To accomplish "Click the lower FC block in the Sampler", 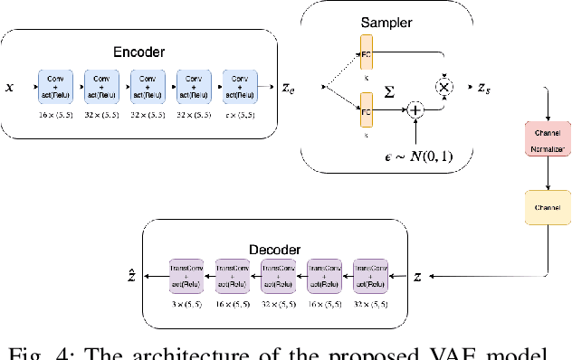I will tap(367, 114).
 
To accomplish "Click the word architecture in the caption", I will tap(177, 349).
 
